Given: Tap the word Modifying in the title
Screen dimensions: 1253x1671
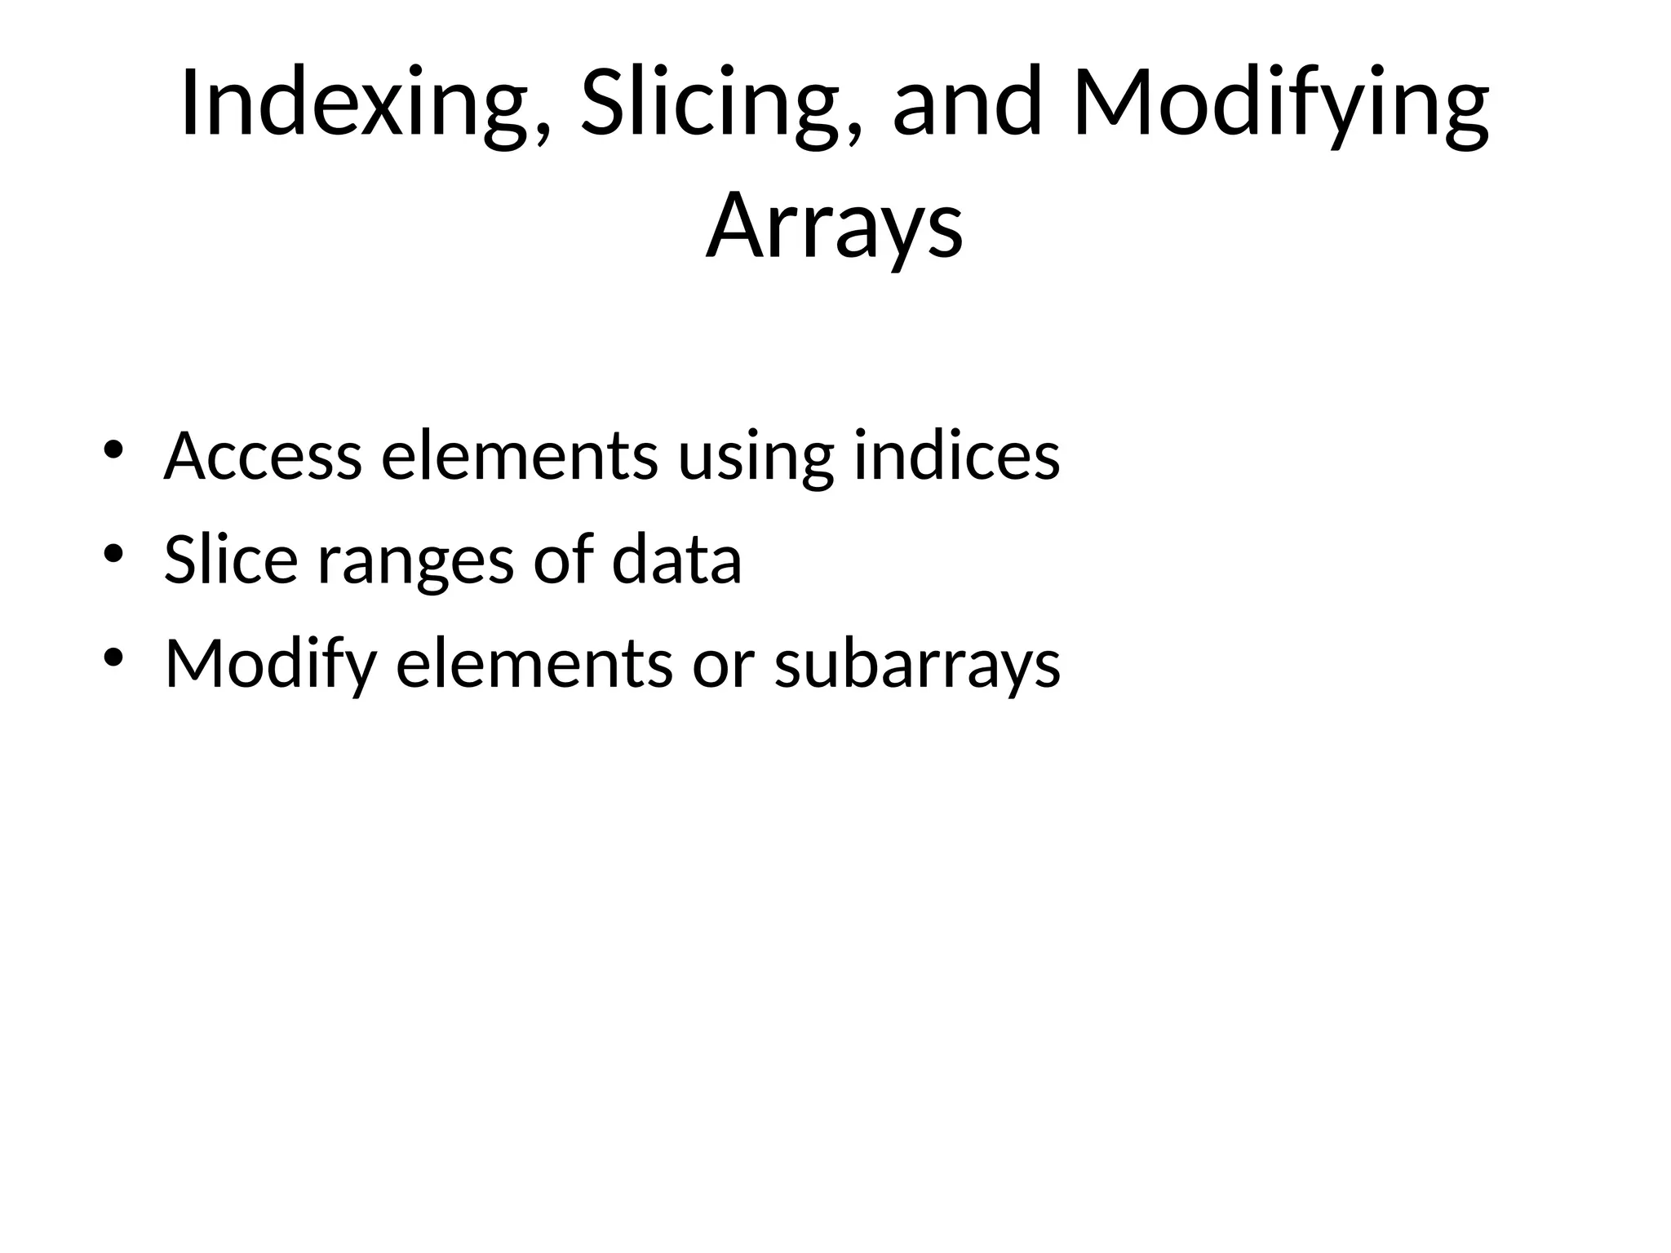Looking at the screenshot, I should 1280,104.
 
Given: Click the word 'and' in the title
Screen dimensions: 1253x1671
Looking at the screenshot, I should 968,104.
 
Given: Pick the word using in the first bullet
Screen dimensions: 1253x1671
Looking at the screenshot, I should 756,457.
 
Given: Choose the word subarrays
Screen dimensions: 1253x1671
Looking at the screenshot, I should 917,664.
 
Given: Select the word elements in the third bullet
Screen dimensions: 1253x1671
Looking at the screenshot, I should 534,664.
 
